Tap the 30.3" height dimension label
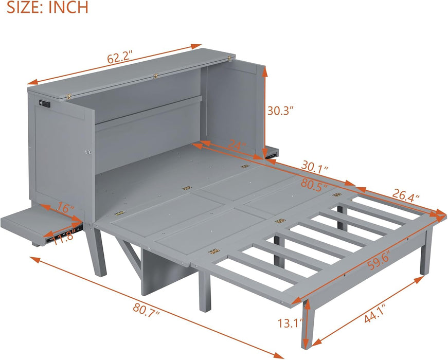click(x=281, y=110)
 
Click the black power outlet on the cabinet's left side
click(x=45, y=104)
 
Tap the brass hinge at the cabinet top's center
click(x=156, y=77)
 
